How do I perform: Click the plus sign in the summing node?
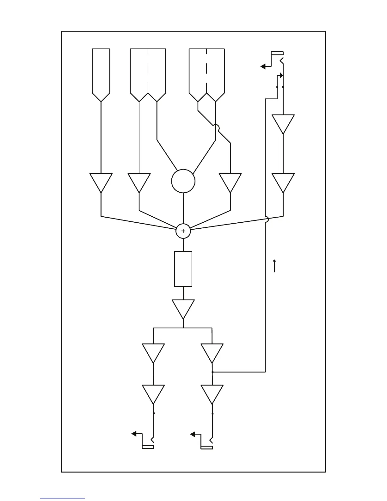tap(183, 231)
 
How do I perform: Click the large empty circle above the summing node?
tap(183, 181)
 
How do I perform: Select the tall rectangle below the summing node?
tap(183, 269)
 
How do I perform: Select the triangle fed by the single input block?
tap(101, 182)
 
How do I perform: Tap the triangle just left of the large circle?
tap(139, 182)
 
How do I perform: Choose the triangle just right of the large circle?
tap(230, 182)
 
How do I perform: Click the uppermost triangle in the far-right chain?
tap(283, 123)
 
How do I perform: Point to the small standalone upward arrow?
tap(274, 266)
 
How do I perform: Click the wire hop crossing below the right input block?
tap(216, 127)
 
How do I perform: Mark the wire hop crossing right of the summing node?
tap(266, 219)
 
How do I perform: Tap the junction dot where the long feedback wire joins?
tap(212, 372)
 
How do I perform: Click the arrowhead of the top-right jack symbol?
tap(263, 66)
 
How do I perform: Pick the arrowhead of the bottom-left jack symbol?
tap(134, 434)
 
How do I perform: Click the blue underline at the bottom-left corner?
tap(63, 498)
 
